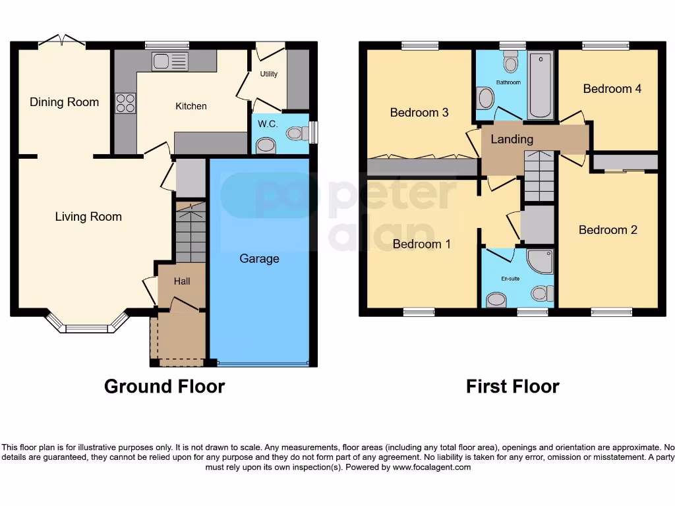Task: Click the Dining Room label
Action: tap(64, 102)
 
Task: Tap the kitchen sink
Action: tap(170, 62)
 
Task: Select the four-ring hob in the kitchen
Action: tap(125, 103)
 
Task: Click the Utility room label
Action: tap(269, 74)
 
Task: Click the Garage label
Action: tap(259, 259)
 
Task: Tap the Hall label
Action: tap(182, 281)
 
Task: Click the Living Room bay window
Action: tap(86, 326)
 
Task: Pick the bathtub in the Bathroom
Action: tap(541, 86)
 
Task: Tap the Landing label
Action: tap(512, 139)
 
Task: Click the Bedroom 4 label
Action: tap(612, 89)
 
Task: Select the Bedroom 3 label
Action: tap(419, 113)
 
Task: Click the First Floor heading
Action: tap(512, 386)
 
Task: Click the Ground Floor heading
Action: tap(164, 386)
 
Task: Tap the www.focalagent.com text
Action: tap(432, 467)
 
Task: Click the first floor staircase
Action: tap(539, 175)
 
